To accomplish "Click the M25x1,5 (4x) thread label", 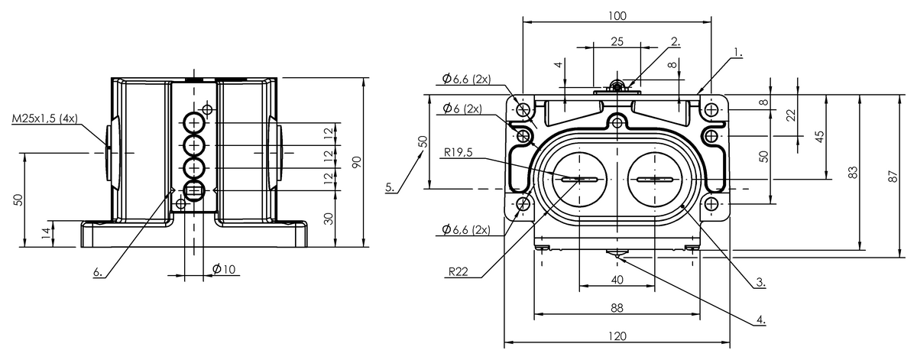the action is [44, 118].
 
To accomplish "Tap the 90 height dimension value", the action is [357, 162].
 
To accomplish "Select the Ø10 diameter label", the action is [224, 269].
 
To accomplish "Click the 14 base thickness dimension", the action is [47, 233].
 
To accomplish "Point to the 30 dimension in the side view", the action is [329, 219].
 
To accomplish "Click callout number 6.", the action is [99, 272].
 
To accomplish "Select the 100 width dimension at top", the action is [617, 16].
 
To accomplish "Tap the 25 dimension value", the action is [617, 41].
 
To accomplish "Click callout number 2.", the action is [676, 41].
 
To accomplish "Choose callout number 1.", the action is [738, 52].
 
